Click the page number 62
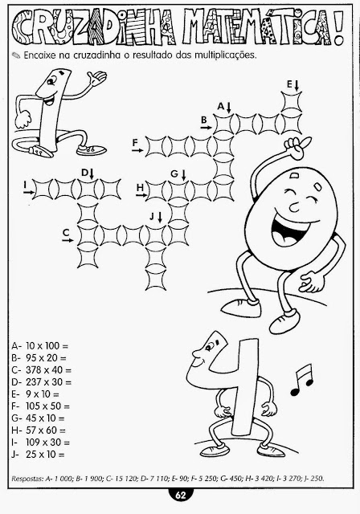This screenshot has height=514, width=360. tap(180, 495)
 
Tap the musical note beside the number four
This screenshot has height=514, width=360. tap(302, 380)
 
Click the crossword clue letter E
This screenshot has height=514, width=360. tap(289, 84)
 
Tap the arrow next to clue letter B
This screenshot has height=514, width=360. tap(207, 127)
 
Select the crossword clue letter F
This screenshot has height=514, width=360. tap(135, 143)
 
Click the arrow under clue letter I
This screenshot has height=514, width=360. tap(28, 193)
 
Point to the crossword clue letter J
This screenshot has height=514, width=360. tap(152, 216)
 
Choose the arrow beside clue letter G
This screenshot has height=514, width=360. tap(183, 175)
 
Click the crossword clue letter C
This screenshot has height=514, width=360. tap(66, 232)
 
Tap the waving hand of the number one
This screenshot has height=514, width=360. tap(97, 78)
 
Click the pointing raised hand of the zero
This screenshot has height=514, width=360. tap(297, 146)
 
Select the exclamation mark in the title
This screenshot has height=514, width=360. tap(338, 28)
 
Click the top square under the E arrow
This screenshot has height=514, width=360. tap(292, 102)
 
